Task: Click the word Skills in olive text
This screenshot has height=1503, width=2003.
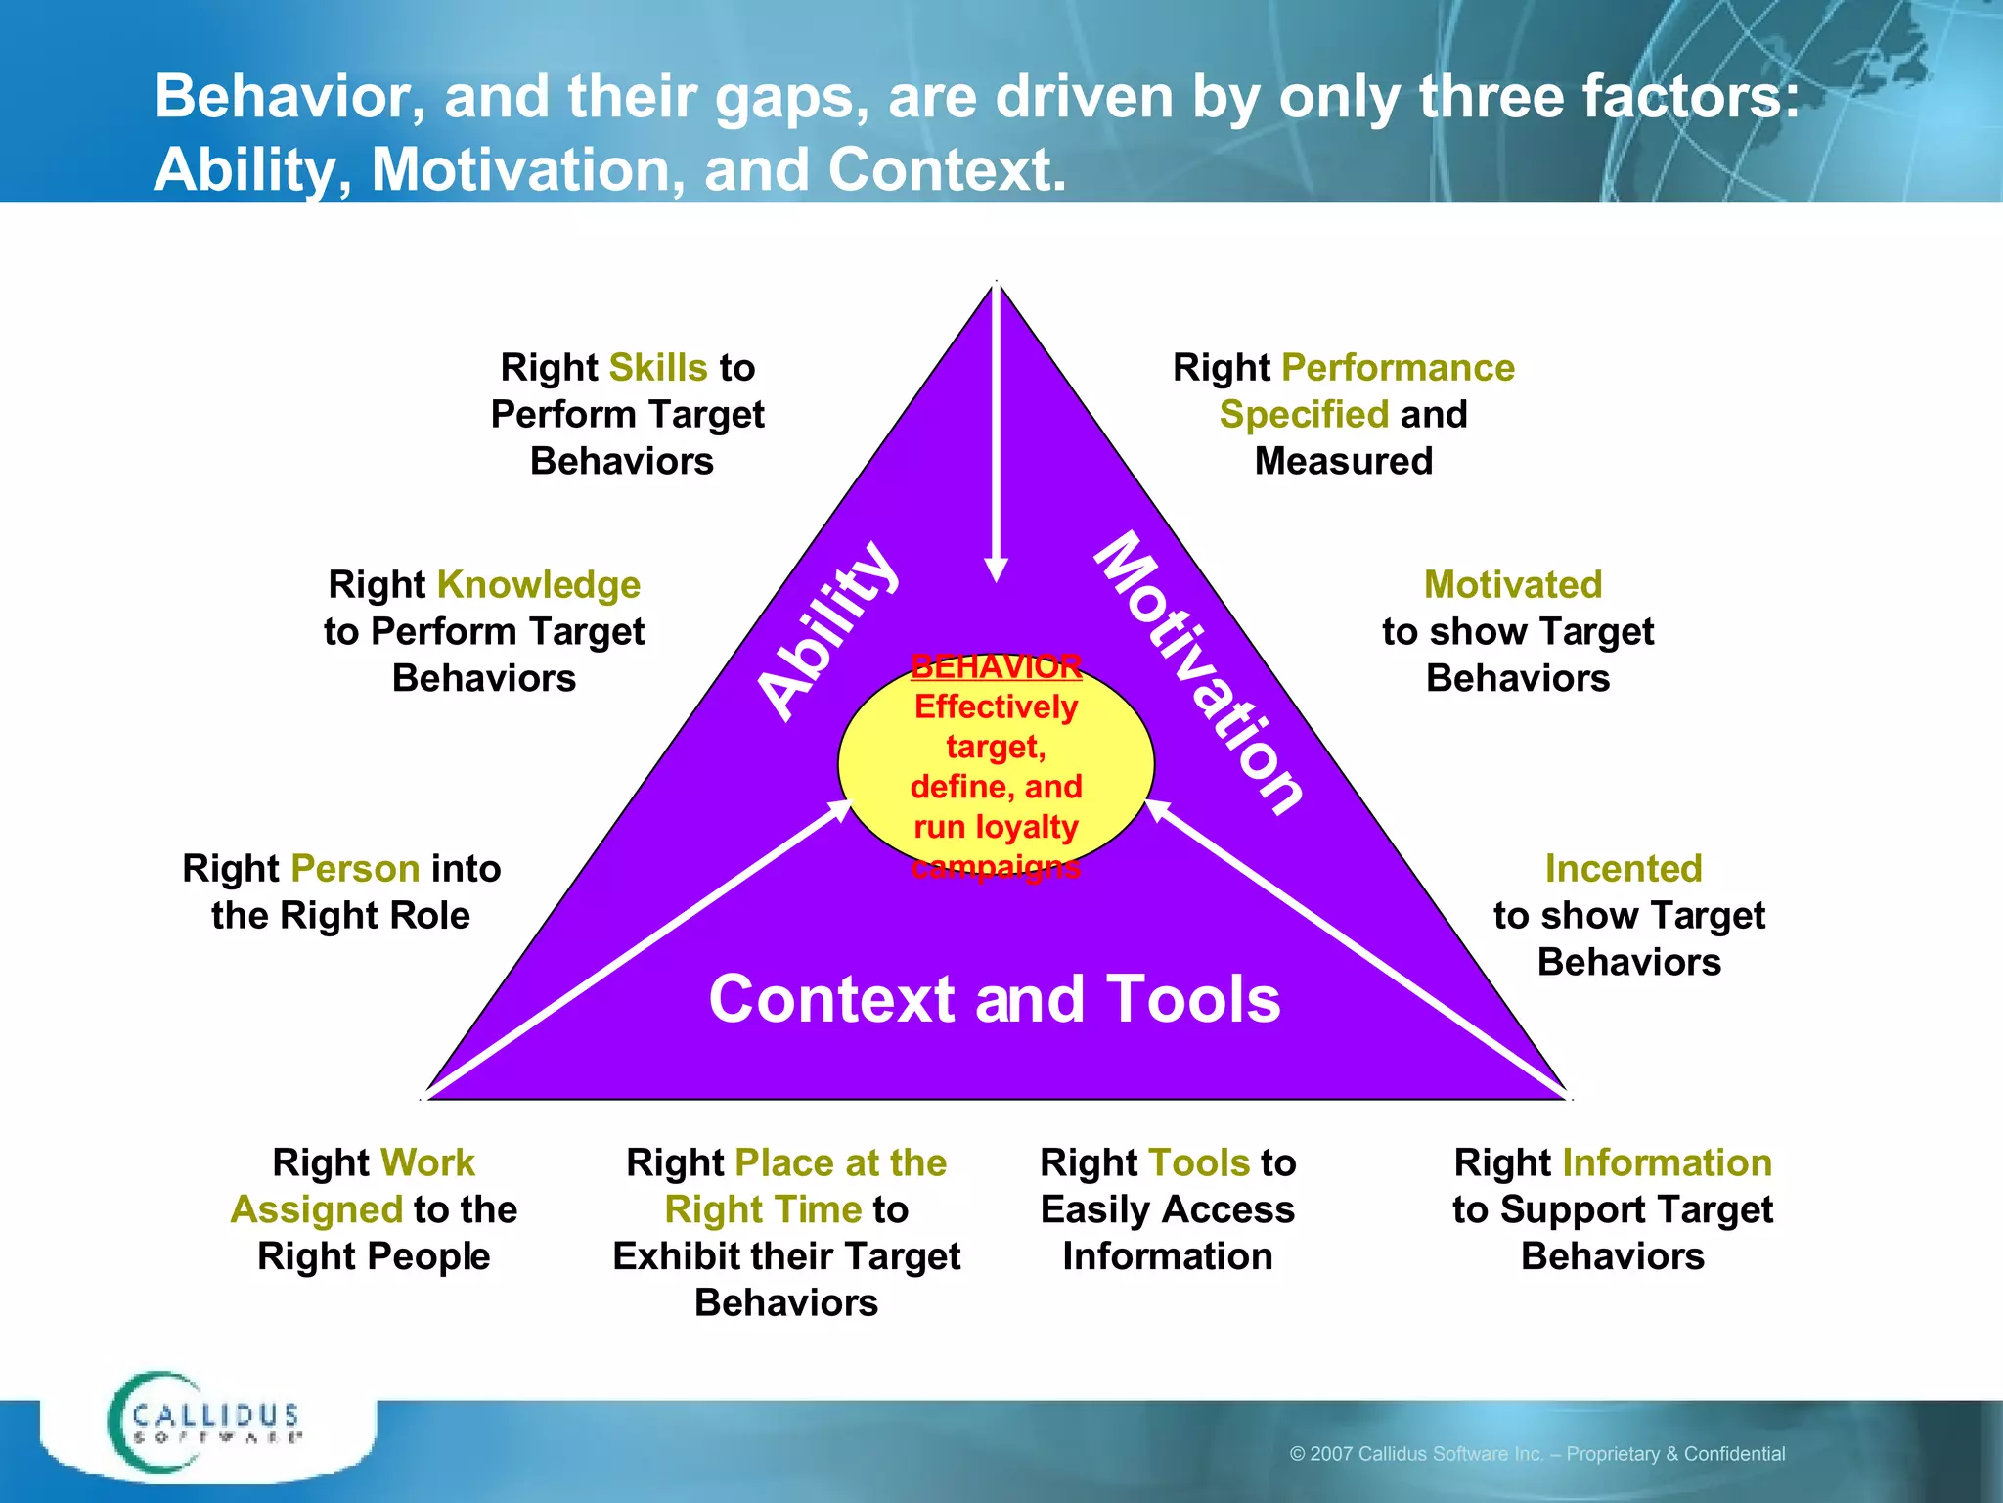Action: point(657,368)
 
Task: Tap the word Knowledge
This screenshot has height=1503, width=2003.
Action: point(538,585)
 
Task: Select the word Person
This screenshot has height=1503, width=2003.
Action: point(355,869)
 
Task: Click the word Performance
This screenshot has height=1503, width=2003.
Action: point(1398,368)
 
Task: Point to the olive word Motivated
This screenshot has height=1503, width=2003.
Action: point(1512,585)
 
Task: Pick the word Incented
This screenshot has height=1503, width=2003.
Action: point(1624,869)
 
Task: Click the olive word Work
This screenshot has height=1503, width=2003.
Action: point(428,1163)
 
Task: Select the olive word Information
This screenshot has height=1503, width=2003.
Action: point(1667,1163)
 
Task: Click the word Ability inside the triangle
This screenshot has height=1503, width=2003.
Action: point(829,631)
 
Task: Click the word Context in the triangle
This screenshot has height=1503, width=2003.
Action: point(831,999)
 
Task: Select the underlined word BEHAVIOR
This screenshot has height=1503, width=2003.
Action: point(996,667)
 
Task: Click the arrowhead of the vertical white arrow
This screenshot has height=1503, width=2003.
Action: point(997,569)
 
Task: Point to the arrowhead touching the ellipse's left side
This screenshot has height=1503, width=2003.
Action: point(841,809)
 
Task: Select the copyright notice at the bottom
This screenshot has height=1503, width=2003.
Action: point(1536,1454)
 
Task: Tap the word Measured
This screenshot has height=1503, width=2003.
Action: point(1343,462)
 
